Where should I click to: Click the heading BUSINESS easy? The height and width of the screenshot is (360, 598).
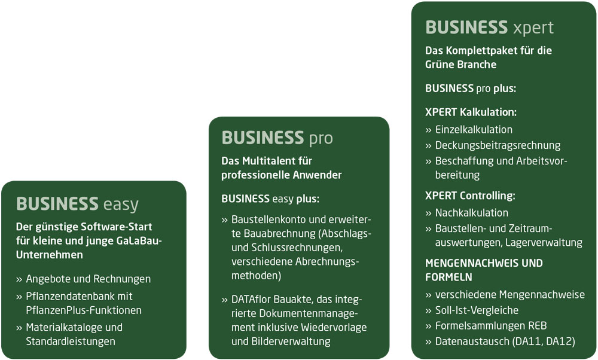tap(77, 204)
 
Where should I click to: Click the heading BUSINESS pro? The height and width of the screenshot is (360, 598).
tap(277, 138)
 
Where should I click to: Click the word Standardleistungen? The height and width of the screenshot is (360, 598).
tap(71, 341)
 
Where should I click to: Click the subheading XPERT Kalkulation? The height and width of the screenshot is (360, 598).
tap(471, 112)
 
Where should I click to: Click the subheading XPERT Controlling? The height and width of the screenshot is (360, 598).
tap(470, 196)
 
